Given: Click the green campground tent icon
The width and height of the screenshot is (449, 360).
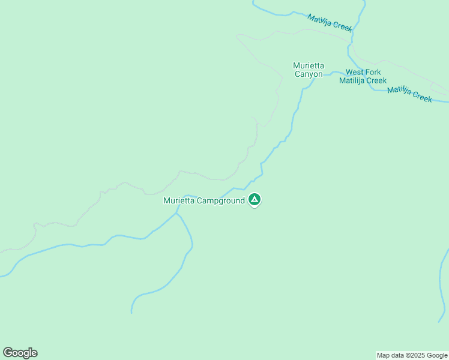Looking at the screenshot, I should click(255, 200).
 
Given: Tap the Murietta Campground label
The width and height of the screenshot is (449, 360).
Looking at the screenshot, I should click(204, 201).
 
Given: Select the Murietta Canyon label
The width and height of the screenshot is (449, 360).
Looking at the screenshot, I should click(309, 70).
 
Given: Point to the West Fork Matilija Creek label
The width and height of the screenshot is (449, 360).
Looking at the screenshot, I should click(363, 76).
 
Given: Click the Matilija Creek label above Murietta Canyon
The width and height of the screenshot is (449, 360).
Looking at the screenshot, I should click(330, 23).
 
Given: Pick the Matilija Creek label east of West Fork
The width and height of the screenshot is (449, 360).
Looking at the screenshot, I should click(409, 94).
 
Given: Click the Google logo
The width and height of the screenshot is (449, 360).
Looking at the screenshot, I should click(20, 353).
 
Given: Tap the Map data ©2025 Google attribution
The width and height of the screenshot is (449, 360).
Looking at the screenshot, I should click(412, 355).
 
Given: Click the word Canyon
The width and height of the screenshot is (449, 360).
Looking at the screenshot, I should click(309, 74).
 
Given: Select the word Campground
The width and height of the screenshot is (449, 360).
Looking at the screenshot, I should click(221, 201).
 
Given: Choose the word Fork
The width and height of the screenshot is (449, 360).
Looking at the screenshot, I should click(375, 72).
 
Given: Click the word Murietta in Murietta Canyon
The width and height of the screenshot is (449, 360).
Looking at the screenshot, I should click(309, 65).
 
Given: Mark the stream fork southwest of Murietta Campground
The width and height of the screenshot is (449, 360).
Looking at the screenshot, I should click(176, 213).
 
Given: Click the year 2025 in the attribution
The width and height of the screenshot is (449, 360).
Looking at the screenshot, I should click(418, 355).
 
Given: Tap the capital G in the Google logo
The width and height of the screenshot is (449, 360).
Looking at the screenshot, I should click(8, 353).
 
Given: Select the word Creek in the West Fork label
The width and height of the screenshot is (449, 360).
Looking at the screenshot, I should click(376, 80).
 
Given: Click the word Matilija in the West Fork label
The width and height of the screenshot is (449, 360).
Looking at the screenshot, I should click(352, 80).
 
